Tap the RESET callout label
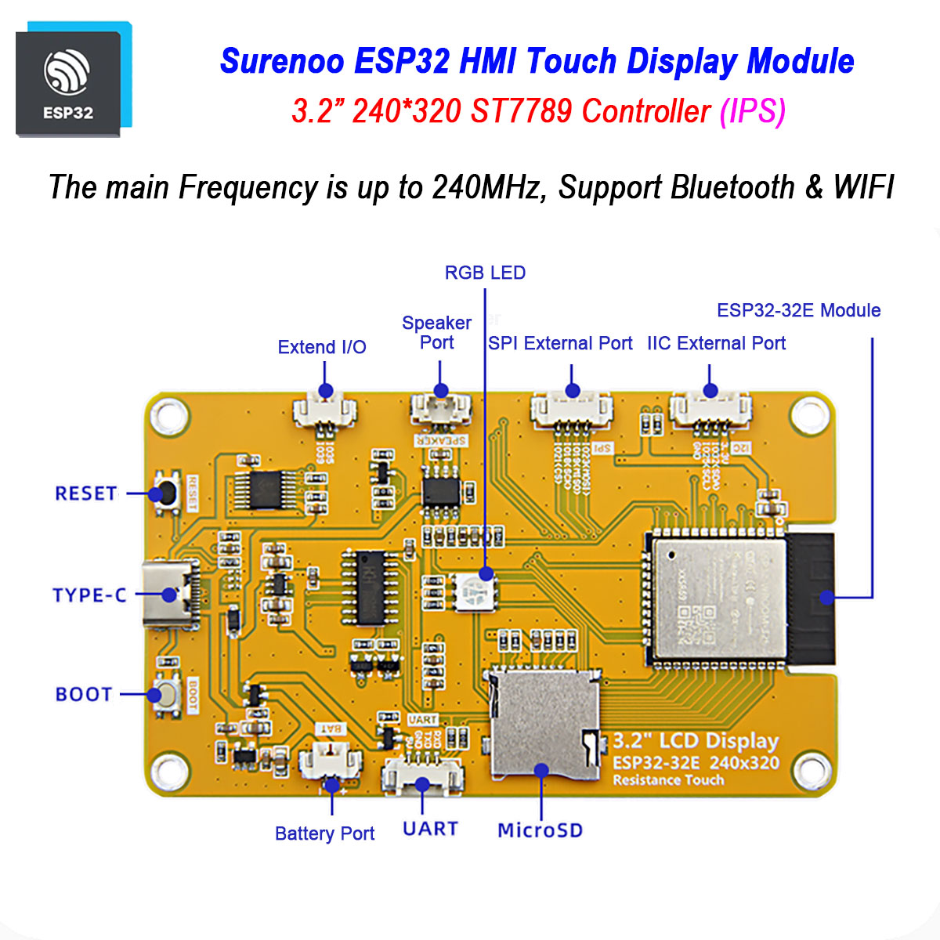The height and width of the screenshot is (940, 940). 85,493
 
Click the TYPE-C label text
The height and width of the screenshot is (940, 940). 89,595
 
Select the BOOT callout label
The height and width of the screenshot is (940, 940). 84,695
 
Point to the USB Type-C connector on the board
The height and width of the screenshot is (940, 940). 168,595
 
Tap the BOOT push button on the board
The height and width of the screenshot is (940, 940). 166,694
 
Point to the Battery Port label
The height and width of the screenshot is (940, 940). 324,833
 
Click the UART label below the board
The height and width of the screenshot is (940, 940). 430,829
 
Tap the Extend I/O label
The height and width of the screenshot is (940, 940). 322,347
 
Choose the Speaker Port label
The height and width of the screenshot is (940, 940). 436,333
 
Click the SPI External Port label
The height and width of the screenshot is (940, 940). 560,343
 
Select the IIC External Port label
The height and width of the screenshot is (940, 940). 716,343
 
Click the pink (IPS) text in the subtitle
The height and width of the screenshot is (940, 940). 752,111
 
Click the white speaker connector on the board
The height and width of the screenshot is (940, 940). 441,406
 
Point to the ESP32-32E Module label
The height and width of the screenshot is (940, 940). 798,310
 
